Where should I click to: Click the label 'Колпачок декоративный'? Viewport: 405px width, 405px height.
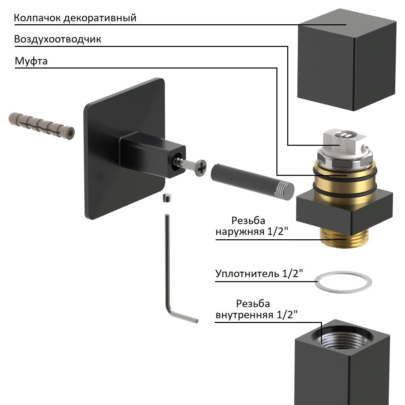point(75,18)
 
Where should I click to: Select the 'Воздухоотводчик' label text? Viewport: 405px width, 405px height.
point(57,39)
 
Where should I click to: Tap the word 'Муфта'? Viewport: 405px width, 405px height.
point(31,61)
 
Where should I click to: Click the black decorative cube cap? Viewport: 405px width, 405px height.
point(346,64)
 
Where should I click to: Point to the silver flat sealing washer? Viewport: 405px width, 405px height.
point(343,281)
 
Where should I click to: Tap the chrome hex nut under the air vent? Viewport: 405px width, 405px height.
point(341,161)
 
